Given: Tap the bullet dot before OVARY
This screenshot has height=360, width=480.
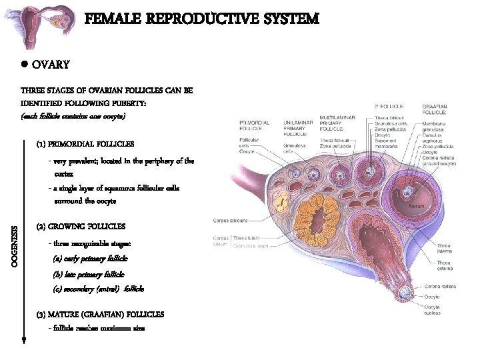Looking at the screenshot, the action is pyautogui.click(x=23, y=65).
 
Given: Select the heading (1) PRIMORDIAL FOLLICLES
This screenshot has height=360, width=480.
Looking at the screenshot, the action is pyautogui.click(x=85, y=143).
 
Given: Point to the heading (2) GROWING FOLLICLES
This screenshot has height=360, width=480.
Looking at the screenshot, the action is pyautogui.click(x=81, y=226).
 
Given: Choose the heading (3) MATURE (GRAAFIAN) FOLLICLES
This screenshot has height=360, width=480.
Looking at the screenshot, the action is pyautogui.click(x=100, y=313).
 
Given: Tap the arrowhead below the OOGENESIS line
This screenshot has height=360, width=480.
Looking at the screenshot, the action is pyautogui.click(x=23, y=339).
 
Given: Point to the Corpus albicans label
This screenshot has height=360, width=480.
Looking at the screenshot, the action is pyautogui.click(x=230, y=221).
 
